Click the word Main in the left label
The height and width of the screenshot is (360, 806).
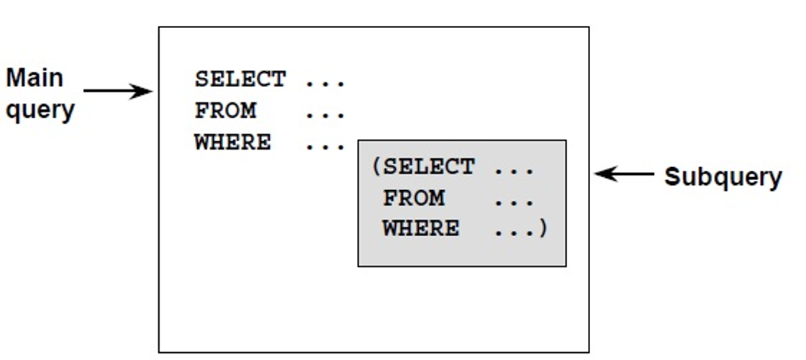click(35, 78)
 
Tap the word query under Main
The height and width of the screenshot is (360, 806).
click(40, 110)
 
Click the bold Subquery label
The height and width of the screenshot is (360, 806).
click(723, 176)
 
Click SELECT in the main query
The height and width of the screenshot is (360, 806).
click(240, 79)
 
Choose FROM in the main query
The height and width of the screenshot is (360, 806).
click(225, 111)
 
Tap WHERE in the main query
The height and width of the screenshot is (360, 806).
click(232, 143)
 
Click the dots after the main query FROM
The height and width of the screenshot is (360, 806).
click(325, 114)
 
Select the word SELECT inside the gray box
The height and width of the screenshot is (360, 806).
click(428, 167)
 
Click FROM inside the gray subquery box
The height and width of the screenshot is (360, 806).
click(413, 198)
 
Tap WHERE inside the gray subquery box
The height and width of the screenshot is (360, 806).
click(420, 229)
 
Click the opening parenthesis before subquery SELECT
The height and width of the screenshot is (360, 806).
click(376, 167)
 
